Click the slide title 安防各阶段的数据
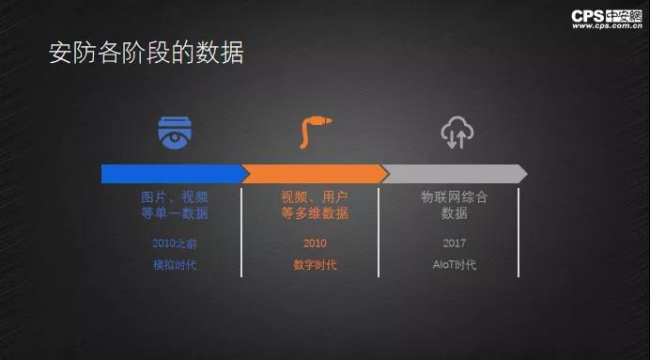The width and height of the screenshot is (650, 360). coord(147,53)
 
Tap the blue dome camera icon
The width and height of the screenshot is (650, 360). coord(175,133)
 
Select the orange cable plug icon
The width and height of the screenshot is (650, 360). coord(315,132)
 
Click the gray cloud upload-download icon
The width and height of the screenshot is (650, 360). coord(457,132)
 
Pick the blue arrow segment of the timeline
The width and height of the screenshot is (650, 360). coord(175,174)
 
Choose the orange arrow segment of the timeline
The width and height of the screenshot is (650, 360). coord(315,174)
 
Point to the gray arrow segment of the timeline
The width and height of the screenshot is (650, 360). coord(455,174)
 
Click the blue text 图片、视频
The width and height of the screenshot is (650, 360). coord(175,197)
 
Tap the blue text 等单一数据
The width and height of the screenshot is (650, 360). coord(175,213)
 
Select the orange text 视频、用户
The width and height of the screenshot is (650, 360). coord(315,197)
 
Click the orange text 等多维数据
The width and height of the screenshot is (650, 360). coord(315,213)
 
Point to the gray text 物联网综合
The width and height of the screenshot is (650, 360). coord(455,196)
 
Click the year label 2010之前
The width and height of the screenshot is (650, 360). coord(175,243)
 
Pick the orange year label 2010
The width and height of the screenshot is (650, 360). coord(315,243)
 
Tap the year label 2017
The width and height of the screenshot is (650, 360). coord(455,243)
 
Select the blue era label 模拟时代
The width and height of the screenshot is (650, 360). coord(175,265)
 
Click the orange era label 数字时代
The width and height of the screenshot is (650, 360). coord(315,265)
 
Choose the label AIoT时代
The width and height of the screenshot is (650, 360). coord(455,265)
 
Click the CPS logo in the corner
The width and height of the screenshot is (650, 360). coord(607,16)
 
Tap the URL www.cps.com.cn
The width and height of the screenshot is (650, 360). coord(608,26)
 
